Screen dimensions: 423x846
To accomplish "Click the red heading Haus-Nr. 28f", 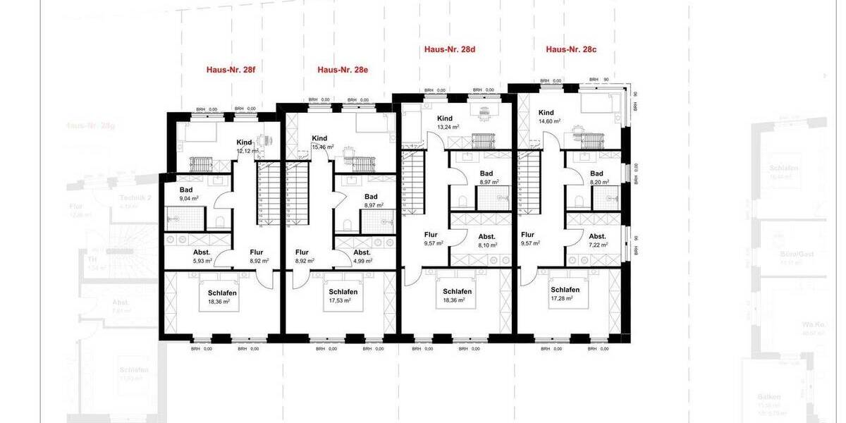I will point(231,70).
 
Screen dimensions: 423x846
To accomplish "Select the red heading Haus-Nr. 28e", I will point(343,70).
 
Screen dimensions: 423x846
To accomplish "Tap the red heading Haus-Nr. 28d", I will point(450,49).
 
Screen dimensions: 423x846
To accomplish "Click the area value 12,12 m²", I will point(248,151).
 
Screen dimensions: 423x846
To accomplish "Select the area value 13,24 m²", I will point(448,128).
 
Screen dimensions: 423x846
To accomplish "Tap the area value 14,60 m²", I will point(549,121).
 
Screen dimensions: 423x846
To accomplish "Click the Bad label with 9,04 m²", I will point(186,190).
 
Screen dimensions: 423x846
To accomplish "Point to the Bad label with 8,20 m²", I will point(596,173).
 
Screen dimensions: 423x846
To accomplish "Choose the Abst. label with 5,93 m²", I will point(202,252).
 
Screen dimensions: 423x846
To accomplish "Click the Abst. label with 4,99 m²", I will point(362,252).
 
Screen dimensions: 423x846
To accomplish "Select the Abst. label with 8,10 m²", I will point(487,237).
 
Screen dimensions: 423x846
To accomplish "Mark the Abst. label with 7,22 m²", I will point(597,237).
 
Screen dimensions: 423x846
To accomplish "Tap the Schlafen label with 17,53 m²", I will point(343,292).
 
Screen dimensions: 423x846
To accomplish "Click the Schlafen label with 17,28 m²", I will point(565,290).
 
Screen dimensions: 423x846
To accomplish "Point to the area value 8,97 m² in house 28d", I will point(489,182).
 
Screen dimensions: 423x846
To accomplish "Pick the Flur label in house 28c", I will point(528,235).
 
